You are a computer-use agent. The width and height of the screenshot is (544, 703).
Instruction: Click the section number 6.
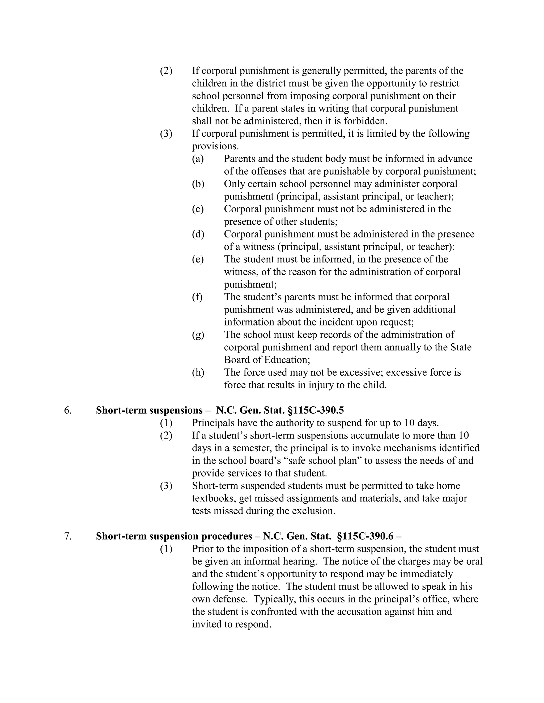68,410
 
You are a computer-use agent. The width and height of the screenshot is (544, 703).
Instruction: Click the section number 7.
68,536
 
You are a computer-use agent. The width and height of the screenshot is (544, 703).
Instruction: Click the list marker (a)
198,159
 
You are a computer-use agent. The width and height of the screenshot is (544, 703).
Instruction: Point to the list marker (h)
198,372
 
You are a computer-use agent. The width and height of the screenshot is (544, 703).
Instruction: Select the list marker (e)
198,259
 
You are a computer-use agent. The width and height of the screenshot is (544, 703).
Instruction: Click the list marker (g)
198,335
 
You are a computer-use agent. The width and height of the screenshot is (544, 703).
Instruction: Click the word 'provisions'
215,146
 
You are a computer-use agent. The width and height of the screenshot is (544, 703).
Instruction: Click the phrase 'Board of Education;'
267,360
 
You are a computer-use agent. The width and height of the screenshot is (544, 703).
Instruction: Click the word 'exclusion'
317,511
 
